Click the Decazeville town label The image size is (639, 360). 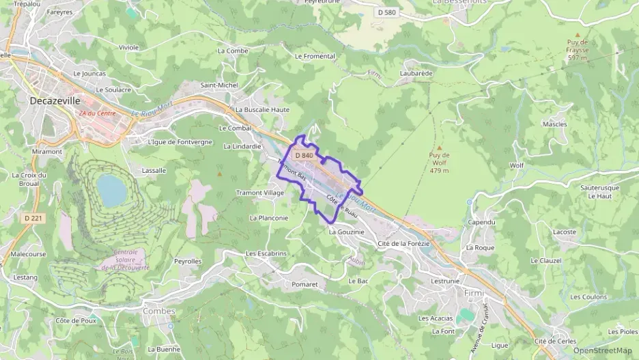coord(52,100)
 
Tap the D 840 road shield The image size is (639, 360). coord(304,156)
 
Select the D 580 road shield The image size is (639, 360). coord(386,12)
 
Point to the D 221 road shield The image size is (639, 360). coord(33,218)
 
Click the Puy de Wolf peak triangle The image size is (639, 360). coord(439,147)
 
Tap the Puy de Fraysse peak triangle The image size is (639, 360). coord(578,34)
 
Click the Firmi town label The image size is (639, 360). coord(473,292)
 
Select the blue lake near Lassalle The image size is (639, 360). coord(111,190)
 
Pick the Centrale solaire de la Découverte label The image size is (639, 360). coord(124,260)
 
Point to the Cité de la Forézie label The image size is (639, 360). coord(403,243)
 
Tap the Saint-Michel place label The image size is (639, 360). coord(218,85)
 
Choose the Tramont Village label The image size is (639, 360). coord(260,193)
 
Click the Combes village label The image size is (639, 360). coord(159,311)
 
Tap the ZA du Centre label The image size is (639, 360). coord(97,113)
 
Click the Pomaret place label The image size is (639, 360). coord(304,283)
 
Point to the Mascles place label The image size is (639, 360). coord(554,124)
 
